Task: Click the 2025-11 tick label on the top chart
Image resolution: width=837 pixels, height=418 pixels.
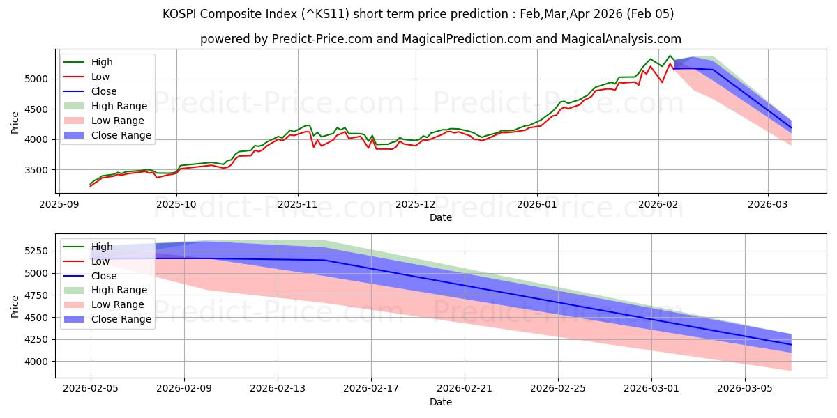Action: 298,204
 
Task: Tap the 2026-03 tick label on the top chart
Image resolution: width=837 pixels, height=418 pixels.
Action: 768,204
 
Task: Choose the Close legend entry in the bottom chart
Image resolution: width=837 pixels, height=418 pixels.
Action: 104,276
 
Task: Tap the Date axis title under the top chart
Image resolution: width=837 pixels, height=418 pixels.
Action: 441,217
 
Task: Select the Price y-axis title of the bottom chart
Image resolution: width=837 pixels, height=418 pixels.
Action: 15,306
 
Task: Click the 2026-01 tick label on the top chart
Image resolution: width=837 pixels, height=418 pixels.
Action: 537,204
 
